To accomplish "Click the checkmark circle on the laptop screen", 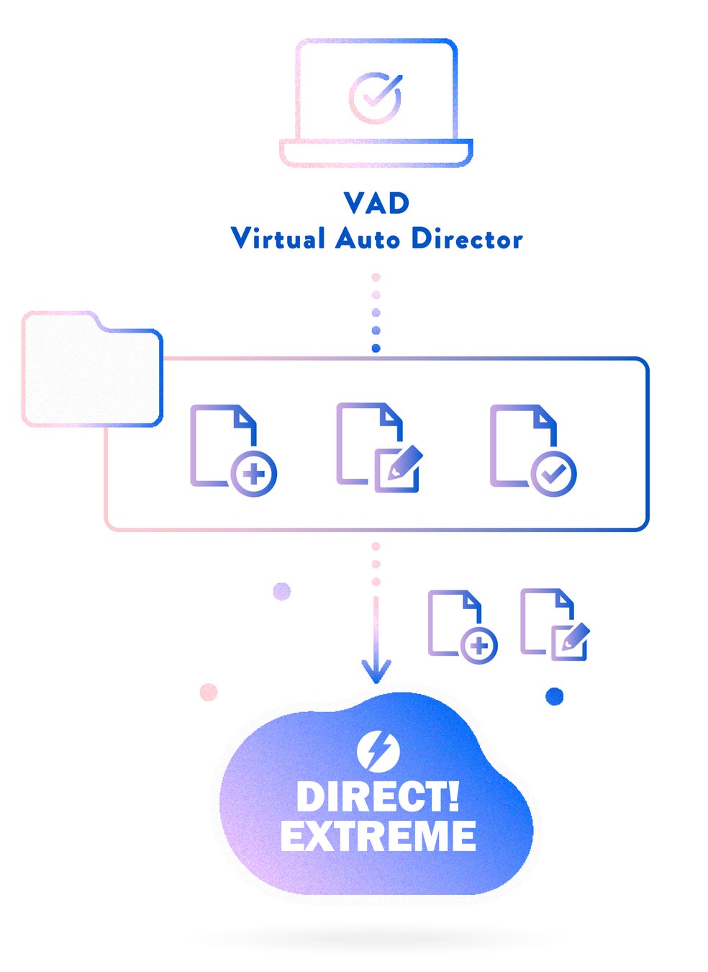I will (375, 97).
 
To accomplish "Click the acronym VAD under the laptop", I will (376, 203).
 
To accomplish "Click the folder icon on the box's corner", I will (92, 369).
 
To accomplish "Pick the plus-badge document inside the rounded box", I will (232, 450).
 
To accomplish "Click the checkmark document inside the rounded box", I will (532, 450).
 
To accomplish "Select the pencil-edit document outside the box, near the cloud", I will (554, 625).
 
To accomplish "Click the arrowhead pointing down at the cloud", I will (376, 670).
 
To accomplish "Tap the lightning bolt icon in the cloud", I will (378, 750).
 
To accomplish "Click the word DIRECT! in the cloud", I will (377, 797).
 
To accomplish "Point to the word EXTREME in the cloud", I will (378, 836).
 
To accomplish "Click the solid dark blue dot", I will (554, 696).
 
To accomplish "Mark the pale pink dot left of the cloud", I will (209, 692).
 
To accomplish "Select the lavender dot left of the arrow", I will (282, 592).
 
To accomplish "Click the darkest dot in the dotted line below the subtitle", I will (376, 348).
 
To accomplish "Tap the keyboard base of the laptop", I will (376, 153).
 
